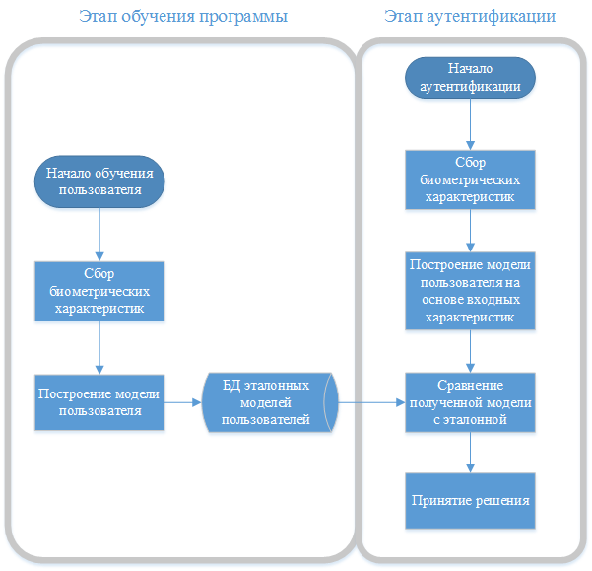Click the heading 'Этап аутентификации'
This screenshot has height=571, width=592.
coord(470,17)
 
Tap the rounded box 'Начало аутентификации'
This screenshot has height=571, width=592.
coord(471,78)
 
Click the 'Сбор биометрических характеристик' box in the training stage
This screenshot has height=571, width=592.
coord(99,291)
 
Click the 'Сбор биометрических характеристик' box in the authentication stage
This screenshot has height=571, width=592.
coord(471,179)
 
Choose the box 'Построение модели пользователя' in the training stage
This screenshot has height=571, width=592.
coord(99,401)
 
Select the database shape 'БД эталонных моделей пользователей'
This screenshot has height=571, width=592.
coord(266,401)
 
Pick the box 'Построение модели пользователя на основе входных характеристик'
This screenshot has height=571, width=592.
coord(471,291)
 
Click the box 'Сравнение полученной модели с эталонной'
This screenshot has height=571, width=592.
coord(471,401)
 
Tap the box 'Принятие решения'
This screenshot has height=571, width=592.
coord(471,500)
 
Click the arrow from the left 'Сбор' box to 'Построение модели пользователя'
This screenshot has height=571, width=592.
coord(99,347)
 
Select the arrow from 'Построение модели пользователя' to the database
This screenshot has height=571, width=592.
coord(182,401)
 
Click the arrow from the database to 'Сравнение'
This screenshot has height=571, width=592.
coord(371,401)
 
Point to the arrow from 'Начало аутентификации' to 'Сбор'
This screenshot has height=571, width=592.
coord(471,125)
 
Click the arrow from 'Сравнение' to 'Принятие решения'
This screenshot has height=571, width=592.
coord(471,452)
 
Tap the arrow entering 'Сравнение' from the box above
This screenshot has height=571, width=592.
coord(471,351)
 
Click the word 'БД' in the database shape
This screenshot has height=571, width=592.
coord(232,385)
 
